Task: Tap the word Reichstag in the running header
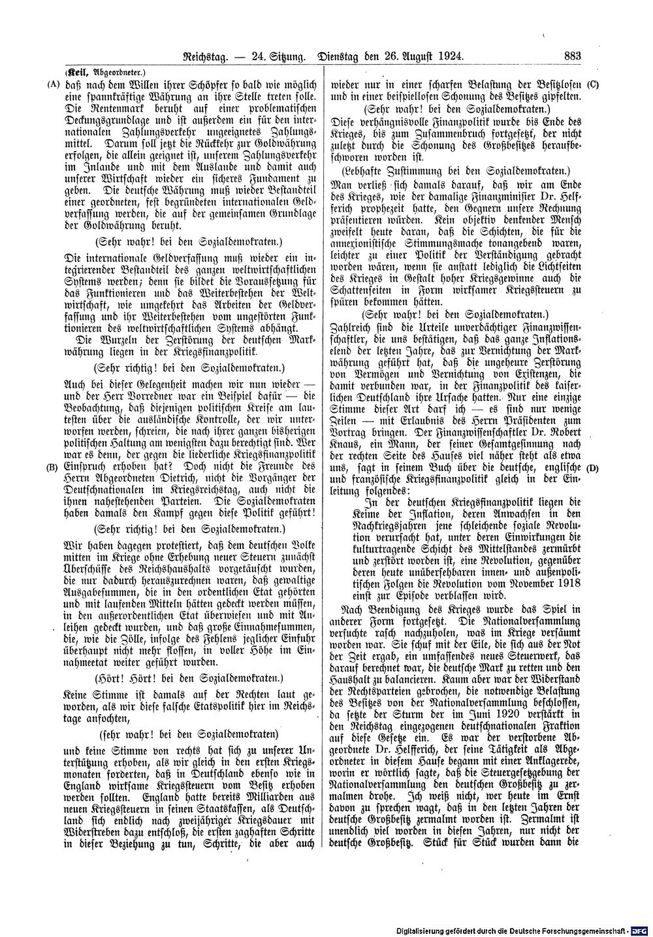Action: pos(205,57)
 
